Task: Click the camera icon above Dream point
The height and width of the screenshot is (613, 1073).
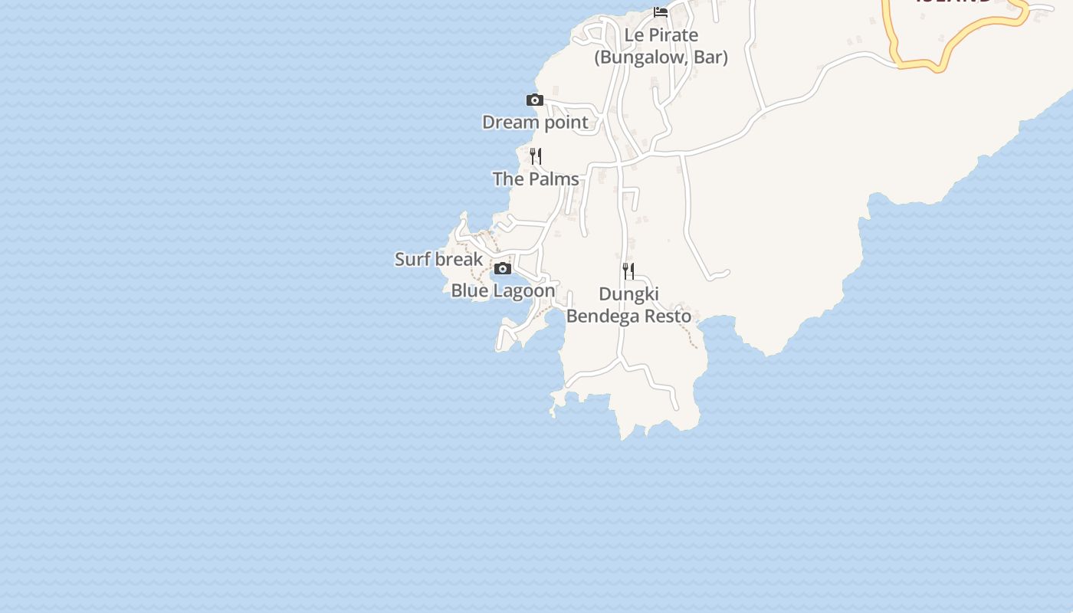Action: tap(535, 100)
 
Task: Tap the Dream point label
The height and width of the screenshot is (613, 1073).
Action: tap(535, 123)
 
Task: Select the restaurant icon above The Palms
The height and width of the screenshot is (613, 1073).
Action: tap(536, 156)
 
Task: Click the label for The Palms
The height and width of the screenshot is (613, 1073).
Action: tap(536, 179)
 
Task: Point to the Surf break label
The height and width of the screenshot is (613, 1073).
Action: tap(438, 260)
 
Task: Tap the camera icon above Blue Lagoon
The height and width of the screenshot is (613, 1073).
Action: tap(503, 268)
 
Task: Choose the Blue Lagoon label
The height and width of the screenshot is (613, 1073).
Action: tap(503, 291)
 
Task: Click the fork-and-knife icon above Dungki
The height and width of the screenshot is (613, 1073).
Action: tap(628, 270)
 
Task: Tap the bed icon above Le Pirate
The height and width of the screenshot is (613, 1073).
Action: tap(661, 11)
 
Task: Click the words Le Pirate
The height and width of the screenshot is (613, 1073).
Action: tap(661, 35)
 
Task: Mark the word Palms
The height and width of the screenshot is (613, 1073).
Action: tap(553, 179)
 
